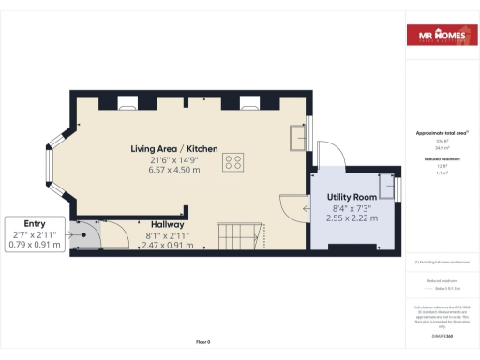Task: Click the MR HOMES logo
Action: pos(440,36)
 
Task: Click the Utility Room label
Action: pos(352,196)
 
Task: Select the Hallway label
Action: pos(166,225)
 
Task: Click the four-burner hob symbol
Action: pos(233,162)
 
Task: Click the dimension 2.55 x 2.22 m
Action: pos(352,217)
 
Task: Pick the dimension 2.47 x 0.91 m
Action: pos(167,246)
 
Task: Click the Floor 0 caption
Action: pos(202,340)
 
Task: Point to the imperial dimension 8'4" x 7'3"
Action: pos(352,207)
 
